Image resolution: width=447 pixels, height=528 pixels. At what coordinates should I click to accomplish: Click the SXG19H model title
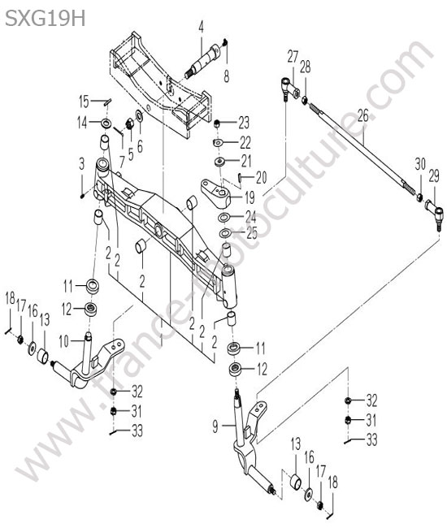click(x=46, y=18)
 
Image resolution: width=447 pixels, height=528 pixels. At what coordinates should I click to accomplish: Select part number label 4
click(x=201, y=28)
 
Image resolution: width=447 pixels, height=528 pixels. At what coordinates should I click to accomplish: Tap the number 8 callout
click(x=227, y=76)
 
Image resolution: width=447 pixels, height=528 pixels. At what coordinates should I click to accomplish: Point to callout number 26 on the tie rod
click(x=363, y=115)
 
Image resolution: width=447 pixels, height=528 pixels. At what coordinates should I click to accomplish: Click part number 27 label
click(x=293, y=57)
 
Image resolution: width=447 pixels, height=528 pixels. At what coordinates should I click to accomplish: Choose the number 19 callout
click(x=250, y=197)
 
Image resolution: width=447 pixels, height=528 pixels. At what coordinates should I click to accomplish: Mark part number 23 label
click(x=244, y=123)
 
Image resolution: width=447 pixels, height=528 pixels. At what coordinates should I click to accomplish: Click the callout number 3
click(x=82, y=164)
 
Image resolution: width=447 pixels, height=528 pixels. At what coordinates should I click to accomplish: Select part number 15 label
click(x=84, y=102)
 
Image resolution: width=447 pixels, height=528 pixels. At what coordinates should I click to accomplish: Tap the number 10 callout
click(x=64, y=341)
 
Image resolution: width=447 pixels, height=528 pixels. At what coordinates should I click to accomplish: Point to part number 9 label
click(x=215, y=427)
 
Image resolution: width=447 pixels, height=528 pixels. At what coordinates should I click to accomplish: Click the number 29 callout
click(x=434, y=176)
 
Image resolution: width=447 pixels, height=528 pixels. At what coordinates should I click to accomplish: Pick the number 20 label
click(x=261, y=177)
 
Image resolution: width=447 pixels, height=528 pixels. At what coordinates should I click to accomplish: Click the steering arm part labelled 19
click(x=216, y=193)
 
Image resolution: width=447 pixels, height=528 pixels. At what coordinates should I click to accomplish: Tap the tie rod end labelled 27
click(x=289, y=89)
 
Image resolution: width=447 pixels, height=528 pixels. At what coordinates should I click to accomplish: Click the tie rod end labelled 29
click(x=435, y=214)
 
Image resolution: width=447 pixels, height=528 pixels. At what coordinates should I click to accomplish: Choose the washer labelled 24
click(x=223, y=218)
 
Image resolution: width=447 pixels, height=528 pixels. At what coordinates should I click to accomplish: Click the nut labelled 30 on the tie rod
click(x=419, y=197)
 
